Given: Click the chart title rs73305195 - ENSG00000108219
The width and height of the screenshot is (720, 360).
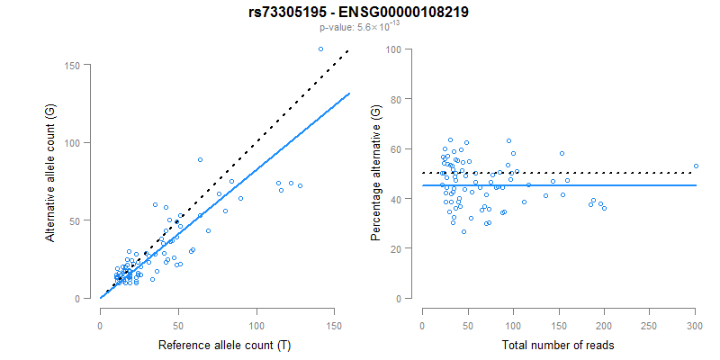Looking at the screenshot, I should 360,12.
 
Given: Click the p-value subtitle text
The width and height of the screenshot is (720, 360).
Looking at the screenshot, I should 360,28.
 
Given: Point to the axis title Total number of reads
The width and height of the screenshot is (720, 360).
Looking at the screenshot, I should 558,345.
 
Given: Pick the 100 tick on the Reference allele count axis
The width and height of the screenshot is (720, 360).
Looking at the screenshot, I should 256,325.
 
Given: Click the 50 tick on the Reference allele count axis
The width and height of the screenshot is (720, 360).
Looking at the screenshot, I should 178,325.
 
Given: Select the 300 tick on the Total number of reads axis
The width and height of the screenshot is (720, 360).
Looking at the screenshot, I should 695,325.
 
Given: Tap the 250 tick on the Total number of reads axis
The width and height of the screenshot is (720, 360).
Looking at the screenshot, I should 650,325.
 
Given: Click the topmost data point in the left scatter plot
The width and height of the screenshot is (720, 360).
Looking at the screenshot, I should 321,49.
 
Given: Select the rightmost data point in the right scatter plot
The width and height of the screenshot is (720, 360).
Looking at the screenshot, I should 695,166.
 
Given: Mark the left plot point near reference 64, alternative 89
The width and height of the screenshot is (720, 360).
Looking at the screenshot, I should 201,159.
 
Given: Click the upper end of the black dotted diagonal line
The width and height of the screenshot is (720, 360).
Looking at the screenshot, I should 348,50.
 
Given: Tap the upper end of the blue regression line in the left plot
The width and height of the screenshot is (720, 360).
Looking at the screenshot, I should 349,93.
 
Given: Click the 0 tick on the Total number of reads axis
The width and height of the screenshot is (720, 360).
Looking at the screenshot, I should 423,325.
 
